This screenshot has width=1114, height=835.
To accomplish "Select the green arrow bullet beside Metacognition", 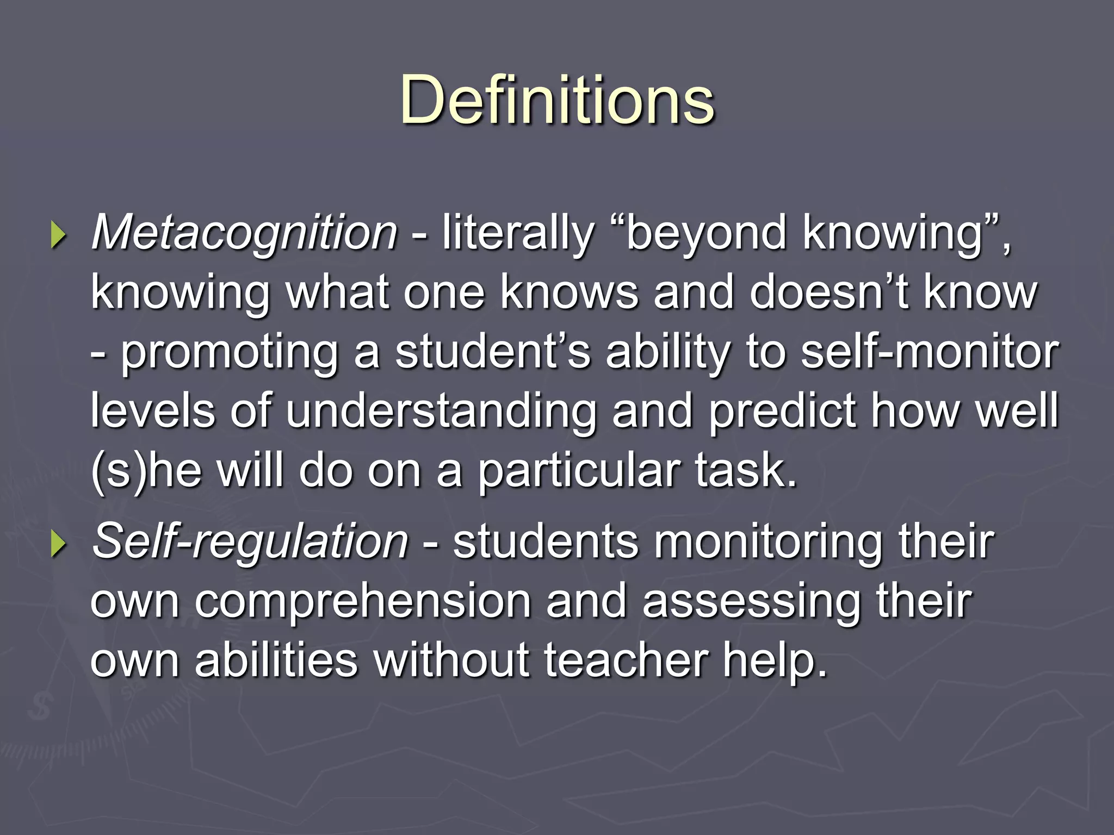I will coord(58,236).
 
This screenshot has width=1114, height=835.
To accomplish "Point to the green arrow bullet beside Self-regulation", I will coord(58,544).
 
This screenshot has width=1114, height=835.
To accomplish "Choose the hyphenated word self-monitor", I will coord(930,351).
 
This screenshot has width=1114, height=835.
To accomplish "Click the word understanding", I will coord(441,412).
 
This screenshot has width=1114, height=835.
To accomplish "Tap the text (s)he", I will coord(146,470).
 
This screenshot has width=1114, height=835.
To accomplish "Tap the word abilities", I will coord(276,660).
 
